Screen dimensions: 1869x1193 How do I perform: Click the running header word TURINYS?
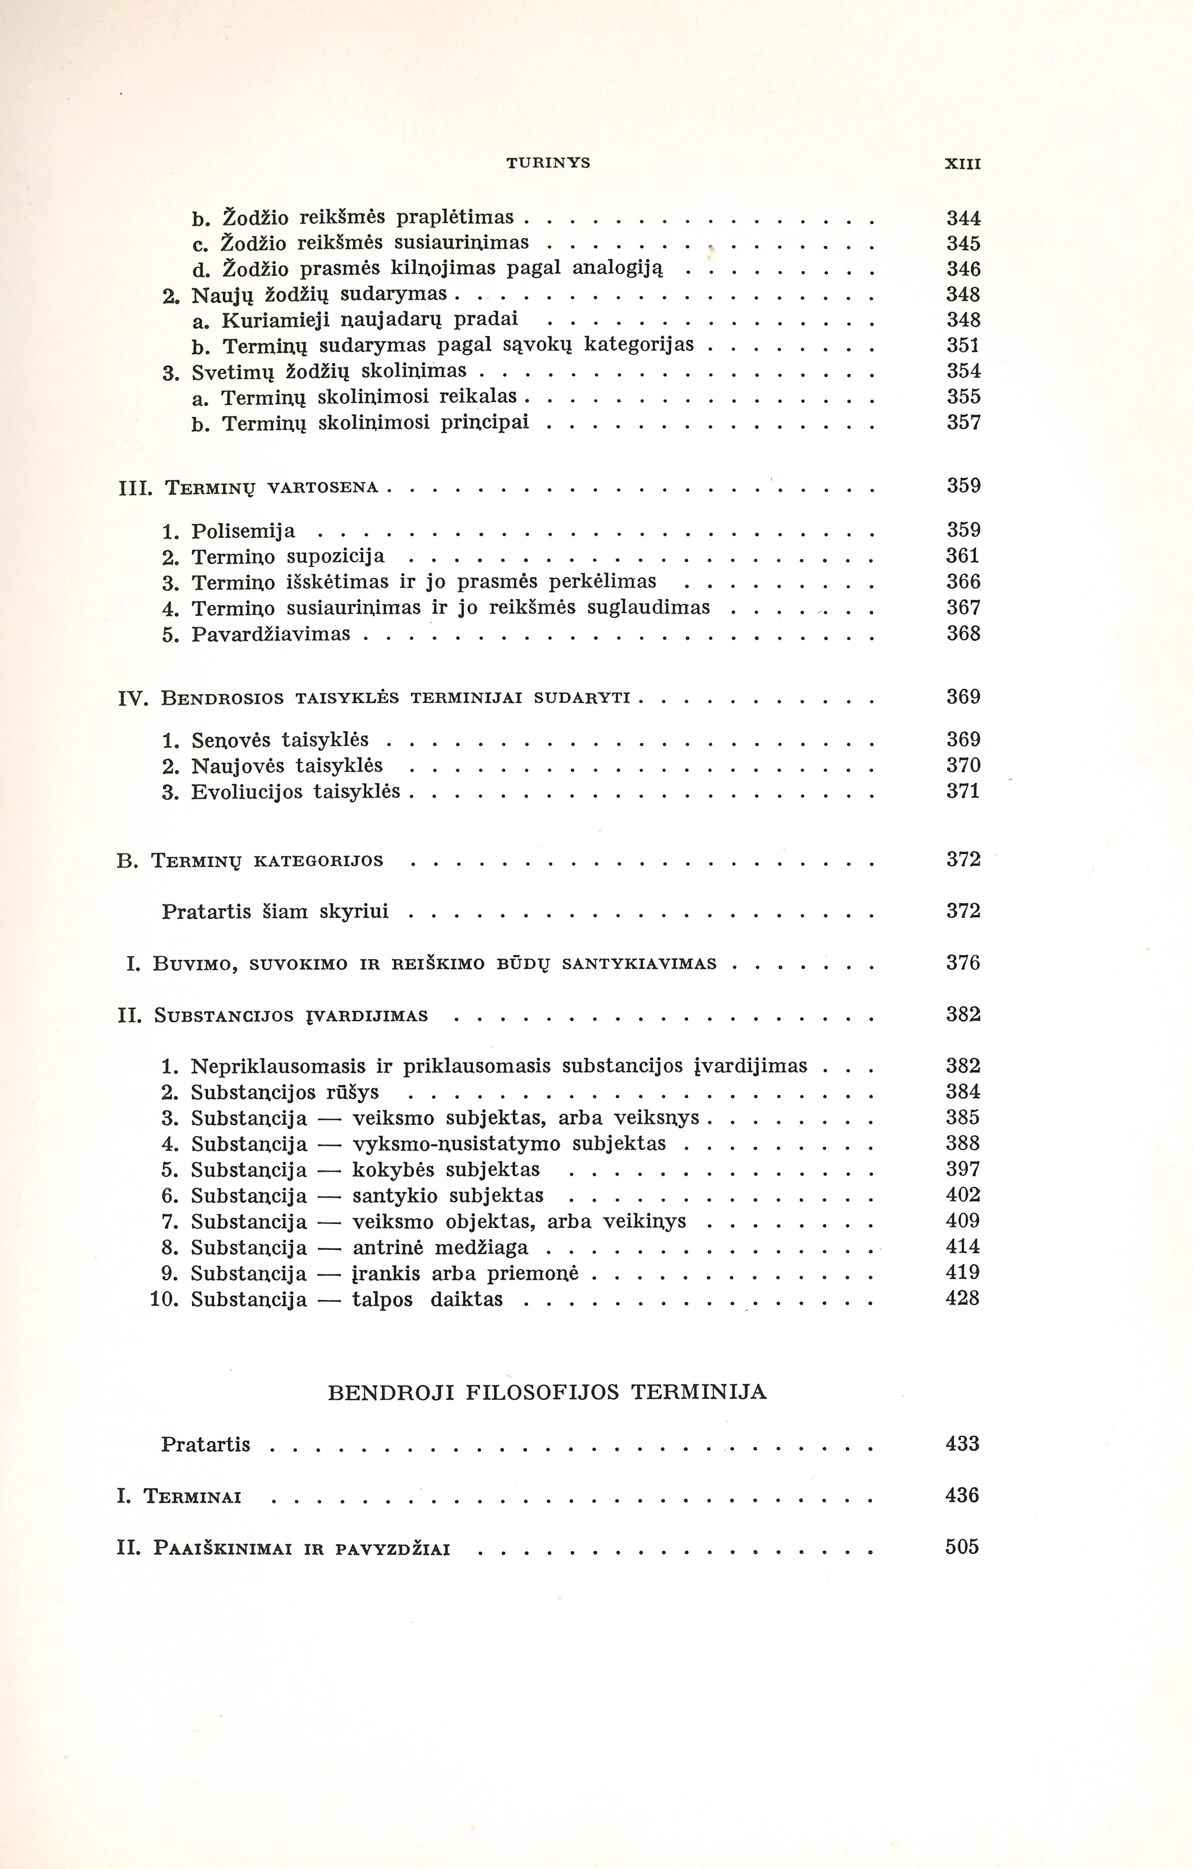tap(548, 163)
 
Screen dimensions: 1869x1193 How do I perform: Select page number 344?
tap(963, 218)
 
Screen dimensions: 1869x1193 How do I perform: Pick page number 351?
tap(963, 346)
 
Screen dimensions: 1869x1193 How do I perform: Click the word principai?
tap(485, 423)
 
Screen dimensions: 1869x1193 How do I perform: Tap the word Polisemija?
tap(243, 532)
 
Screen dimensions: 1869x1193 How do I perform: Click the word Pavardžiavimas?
tap(271, 634)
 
